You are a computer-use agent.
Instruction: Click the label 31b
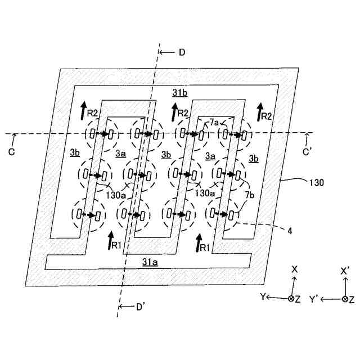click(x=180, y=92)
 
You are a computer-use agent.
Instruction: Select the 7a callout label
click(x=214, y=123)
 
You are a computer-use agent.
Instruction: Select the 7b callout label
click(x=249, y=195)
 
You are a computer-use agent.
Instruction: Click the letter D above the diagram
click(x=181, y=52)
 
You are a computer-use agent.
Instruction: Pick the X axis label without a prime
click(x=294, y=269)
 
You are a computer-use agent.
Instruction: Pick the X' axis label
click(x=346, y=269)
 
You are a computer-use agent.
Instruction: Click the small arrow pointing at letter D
click(x=167, y=52)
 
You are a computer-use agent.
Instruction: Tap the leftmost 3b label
click(x=75, y=152)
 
